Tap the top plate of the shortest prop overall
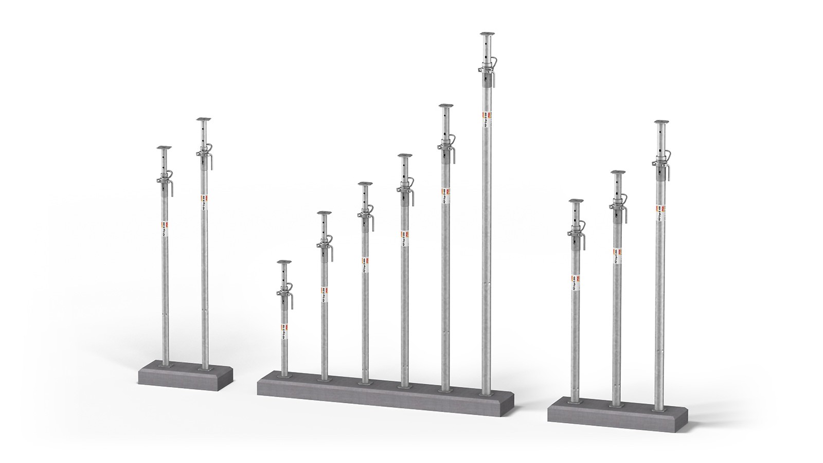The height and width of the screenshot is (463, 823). coord(283,262)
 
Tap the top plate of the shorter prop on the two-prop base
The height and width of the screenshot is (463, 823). coord(164,148)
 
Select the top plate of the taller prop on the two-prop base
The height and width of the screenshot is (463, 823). coord(204,120)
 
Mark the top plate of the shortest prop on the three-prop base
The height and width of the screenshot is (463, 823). coord(576,201)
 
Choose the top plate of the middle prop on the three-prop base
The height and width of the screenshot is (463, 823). coord(618,172)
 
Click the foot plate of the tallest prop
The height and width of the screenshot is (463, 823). coord(486,394)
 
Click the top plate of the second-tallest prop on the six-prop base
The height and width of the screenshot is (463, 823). coord(445,106)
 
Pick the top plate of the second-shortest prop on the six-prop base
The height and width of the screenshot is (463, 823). coord(324,212)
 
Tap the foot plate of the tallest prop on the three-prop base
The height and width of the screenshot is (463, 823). coord(657,409)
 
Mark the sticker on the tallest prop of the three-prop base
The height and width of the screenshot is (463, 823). coord(661,211)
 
